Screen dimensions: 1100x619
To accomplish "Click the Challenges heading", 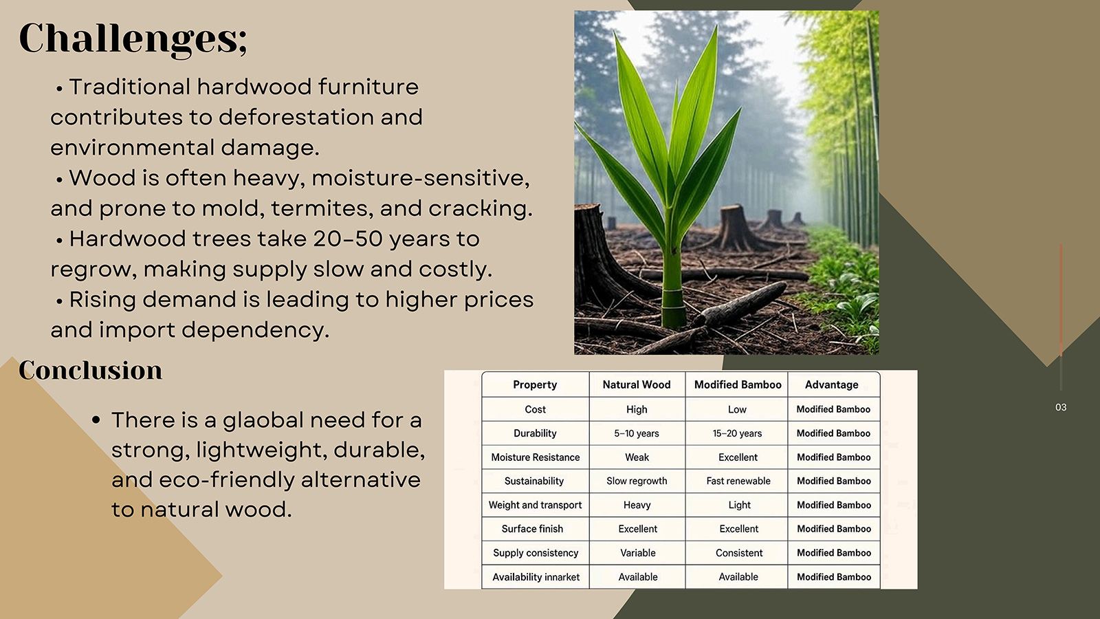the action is pos(133,39).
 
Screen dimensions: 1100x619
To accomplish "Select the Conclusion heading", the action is pos(90,370).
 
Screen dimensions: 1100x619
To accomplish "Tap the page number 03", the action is pos(1061,407).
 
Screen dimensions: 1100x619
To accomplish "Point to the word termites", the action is pos(319,208).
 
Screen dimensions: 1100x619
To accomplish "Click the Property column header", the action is pos(535,384).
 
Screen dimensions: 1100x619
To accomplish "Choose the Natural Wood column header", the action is pos(637,384).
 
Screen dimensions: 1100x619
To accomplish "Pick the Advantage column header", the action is pos(831,384).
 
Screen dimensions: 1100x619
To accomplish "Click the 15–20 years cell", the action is pos(737,433).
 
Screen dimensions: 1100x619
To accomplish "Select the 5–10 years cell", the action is pos(637,433).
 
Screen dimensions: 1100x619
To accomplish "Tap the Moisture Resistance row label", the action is pos(536,457).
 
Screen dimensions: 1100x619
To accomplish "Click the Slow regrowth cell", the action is pos(637,481).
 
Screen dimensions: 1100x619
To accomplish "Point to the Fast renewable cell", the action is pos(738,481).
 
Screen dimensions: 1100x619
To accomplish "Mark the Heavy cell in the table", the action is pos(637,505).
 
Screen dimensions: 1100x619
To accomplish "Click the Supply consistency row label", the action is pos(536,553).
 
